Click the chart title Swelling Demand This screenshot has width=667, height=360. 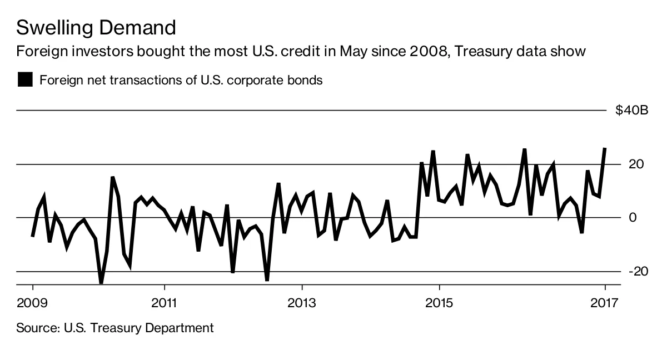point(96,27)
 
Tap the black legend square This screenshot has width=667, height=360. point(25,80)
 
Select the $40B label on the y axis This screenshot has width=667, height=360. point(631,111)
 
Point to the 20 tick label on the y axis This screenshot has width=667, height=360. point(636,164)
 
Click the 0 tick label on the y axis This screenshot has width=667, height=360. point(633,217)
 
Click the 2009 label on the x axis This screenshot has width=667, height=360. point(32,303)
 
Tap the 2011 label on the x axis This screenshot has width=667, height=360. point(165,303)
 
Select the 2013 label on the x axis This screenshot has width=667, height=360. point(302,303)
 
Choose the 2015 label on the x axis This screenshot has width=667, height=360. point(439,303)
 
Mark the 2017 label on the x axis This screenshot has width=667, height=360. point(604,303)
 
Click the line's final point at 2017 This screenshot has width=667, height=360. point(604,149)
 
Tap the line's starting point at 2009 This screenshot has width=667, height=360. point(33,236)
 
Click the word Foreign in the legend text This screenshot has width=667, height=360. point(61,80)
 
